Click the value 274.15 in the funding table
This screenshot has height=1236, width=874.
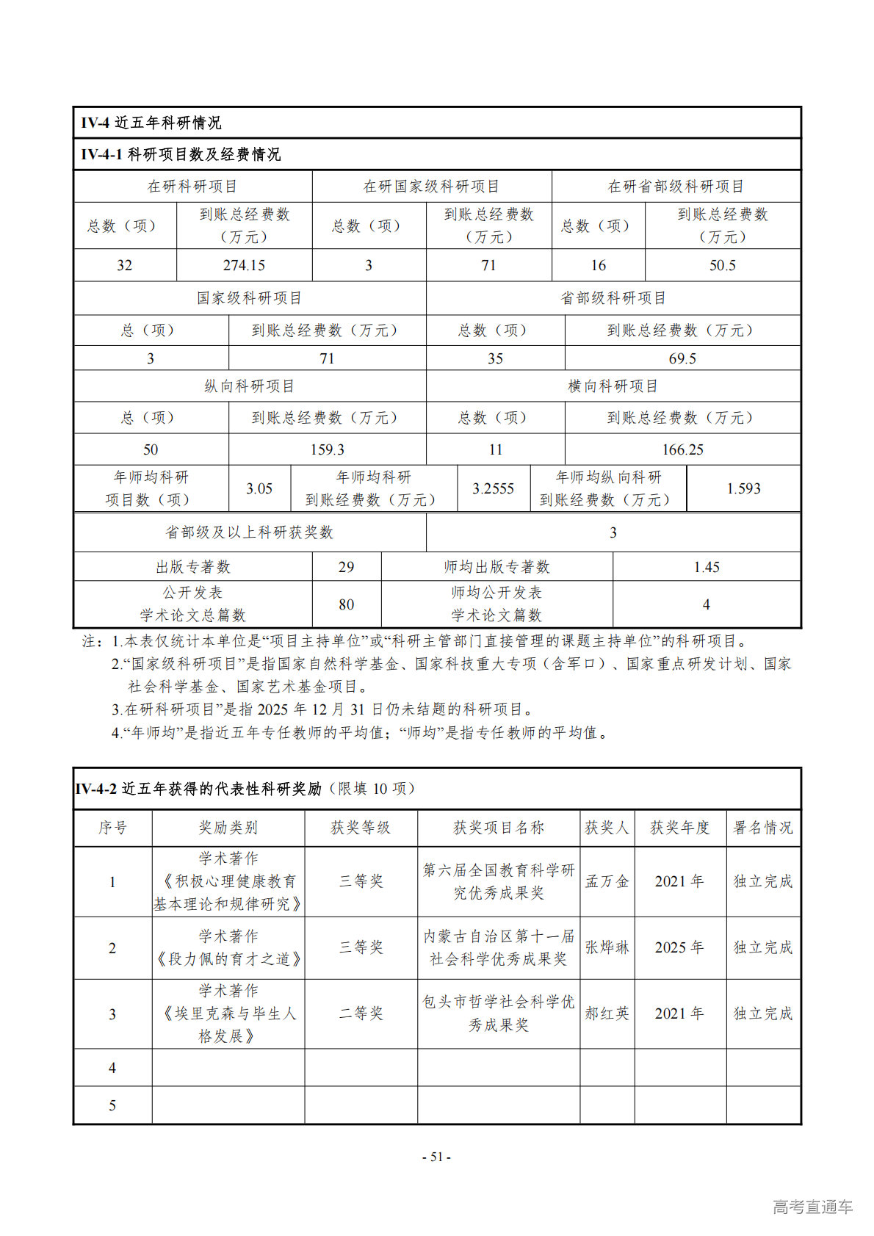[244, 265]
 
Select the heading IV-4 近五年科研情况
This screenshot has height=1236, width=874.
[151, 123]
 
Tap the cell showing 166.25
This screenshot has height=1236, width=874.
[682, 449]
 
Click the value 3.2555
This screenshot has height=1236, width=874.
[493, 488]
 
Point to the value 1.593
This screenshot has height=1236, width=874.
[743, 488]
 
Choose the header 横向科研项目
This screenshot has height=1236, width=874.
[613, 386]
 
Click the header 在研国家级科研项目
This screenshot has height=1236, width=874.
[431, 187]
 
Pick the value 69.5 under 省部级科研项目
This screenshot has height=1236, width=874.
[682, 358]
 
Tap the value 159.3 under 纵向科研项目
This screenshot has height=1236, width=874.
[327, 449]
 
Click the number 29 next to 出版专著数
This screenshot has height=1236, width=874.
[346, 567]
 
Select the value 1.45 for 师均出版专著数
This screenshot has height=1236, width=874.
[706, 567]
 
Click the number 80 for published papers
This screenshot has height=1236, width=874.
[346, 604]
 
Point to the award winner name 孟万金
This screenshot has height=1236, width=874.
[607, 881]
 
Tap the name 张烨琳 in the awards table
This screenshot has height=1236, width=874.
[607, 947]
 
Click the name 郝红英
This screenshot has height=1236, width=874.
[607, 1013]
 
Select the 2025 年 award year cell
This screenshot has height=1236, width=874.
[679, 947]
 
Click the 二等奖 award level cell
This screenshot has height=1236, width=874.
[361, 1013]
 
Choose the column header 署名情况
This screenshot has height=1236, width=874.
[763, 828]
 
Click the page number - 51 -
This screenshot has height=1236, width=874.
[436, 1157]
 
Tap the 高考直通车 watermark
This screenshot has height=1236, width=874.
[812, 1207]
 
